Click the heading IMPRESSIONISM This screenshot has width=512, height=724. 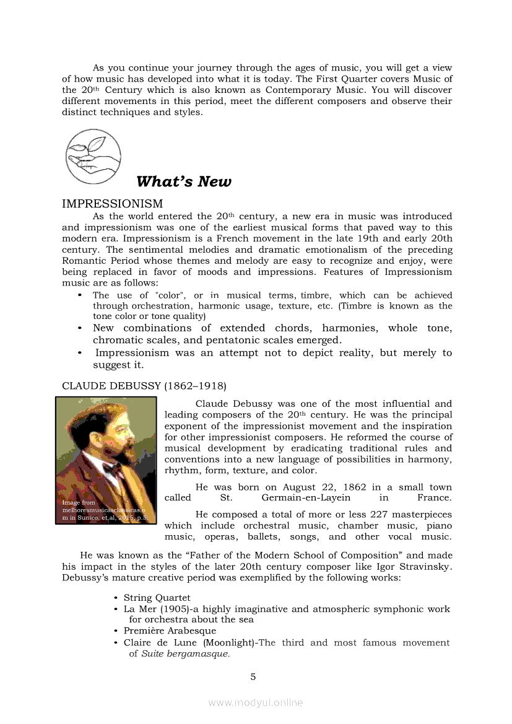point(112,204)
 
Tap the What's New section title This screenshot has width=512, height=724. point(183,181)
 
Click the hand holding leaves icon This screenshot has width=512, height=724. point(93,156)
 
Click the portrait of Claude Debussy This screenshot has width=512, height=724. point(106,461)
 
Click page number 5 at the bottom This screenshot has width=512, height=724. point(253,676)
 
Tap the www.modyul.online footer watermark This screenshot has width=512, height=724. point(256,702)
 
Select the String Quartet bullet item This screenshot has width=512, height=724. point(157,598)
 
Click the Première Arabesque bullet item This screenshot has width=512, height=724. point(170,631)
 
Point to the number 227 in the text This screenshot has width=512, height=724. point(378,515)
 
